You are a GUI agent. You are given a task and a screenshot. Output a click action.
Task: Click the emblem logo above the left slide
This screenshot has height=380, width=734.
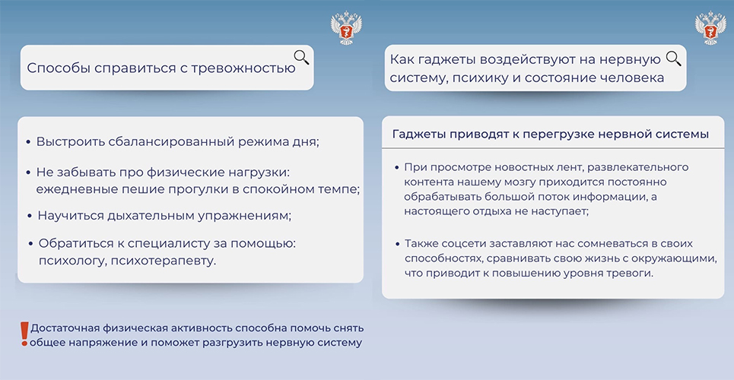pyautogui.click(x=346, y=27)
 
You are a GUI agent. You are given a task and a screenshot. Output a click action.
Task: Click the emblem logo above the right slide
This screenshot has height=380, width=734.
pyautogui.click(x=710, y=27)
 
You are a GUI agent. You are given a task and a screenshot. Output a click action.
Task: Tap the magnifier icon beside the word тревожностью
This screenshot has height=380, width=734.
pyautogui.click(x=301, y=58)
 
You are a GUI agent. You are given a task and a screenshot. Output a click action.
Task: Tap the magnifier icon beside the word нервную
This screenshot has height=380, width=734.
pyautogui.click(x=673, y=59)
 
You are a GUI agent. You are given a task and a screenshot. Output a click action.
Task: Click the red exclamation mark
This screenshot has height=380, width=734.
pyautogui.click(x=24, y=334)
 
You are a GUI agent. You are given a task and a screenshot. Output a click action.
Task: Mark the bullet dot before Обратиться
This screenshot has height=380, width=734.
pyautogui.click(x=30, y=244)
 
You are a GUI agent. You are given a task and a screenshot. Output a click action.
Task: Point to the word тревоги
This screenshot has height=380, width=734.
pyautogui.click(x=634, y=273)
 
